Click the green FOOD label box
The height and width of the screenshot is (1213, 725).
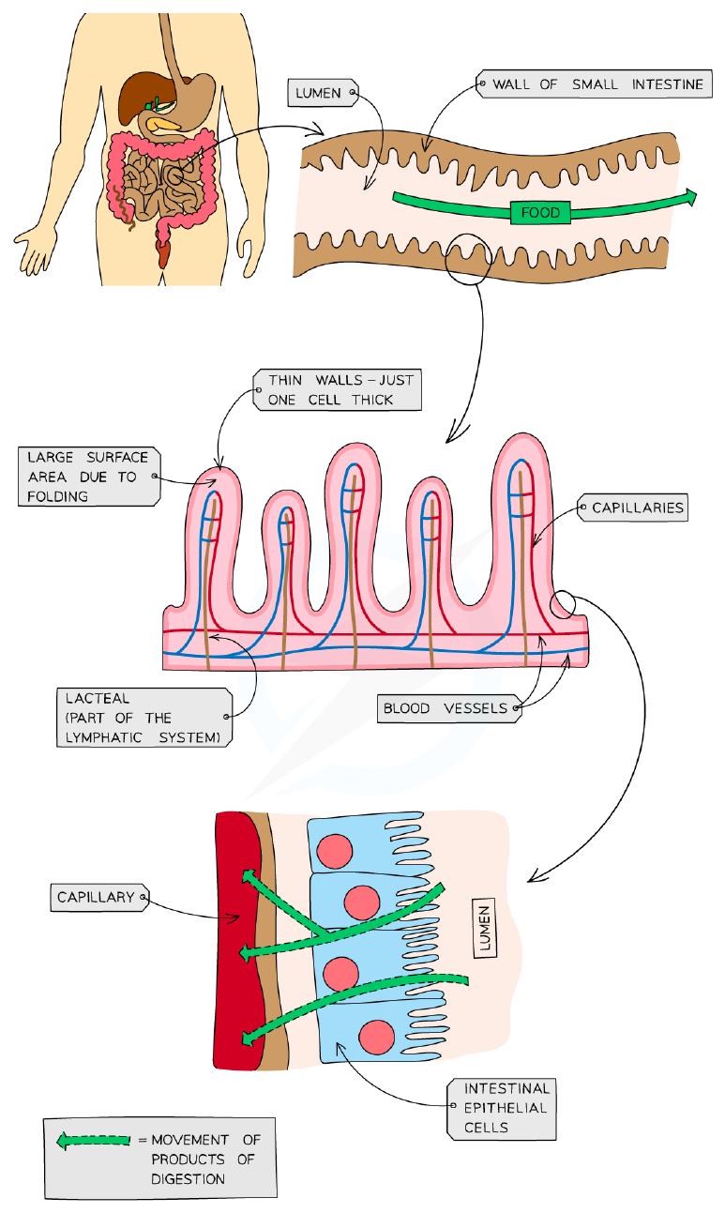(x=540, y=212)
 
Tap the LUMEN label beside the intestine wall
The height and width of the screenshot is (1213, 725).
(x=323, y=93)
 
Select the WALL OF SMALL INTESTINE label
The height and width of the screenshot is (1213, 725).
(x=595, y=83)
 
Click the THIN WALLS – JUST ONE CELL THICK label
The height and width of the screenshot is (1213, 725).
(x=338, y=390)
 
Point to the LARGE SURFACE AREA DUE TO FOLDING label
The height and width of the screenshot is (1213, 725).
(x=89, y=477)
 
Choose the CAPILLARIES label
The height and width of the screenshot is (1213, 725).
(x=633, y=508)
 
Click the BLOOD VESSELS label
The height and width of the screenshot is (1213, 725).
(x=449, y=708)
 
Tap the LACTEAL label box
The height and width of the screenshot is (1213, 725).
(x=144, y=718)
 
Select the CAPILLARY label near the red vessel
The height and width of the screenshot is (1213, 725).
(x=99, y=897)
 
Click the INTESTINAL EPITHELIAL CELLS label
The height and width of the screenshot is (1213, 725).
(x=502, y=1109)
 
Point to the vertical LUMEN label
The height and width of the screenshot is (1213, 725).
(x=485, y=929)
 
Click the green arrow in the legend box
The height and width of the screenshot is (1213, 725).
(x=93, y=1141)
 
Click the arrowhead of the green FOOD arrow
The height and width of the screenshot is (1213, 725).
(x=691, y=197)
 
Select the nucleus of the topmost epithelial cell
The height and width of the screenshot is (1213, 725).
(x=335, y=851)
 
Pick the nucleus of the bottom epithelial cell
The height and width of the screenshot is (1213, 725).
(x=376, y=1037)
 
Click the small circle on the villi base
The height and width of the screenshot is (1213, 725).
(x=563, y=604)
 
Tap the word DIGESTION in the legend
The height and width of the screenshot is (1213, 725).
(x=188, y=1179)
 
